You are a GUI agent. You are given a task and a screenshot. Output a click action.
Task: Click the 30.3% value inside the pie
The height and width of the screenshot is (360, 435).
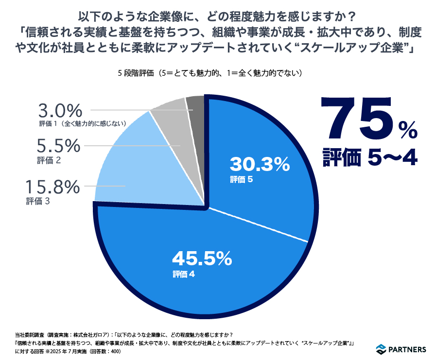point(260,165)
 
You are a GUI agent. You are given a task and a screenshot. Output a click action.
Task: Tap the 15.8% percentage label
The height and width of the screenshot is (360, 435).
point(52,187)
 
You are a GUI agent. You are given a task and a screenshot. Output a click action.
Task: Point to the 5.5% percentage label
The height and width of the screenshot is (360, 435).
point(58,145)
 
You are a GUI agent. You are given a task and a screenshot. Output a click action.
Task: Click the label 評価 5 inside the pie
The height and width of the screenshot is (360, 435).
point(242,180)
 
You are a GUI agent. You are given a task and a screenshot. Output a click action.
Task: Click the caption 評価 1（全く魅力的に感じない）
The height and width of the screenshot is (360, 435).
point(83,124)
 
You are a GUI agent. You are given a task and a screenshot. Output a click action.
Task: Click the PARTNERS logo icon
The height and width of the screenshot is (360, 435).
point(382,349)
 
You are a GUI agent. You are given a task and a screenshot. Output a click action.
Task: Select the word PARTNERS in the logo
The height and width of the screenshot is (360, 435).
point(409,349)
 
